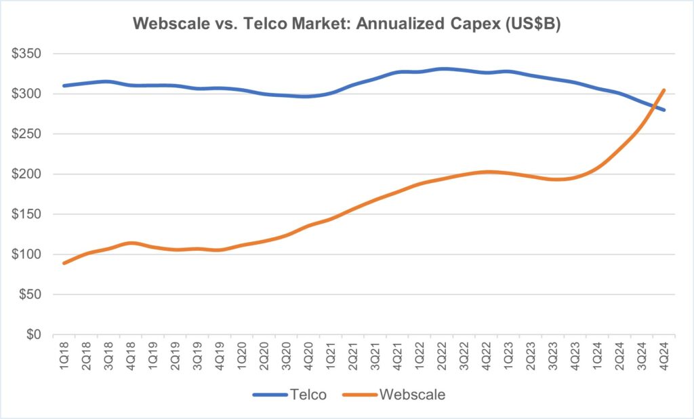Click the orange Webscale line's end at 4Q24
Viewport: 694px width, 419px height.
tap(664, 90)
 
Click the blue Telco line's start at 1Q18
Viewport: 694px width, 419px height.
tap(64, 85)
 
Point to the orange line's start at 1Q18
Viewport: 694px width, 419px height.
tap(64, 263)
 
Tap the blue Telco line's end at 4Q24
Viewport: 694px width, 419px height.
tap(664, 110)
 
